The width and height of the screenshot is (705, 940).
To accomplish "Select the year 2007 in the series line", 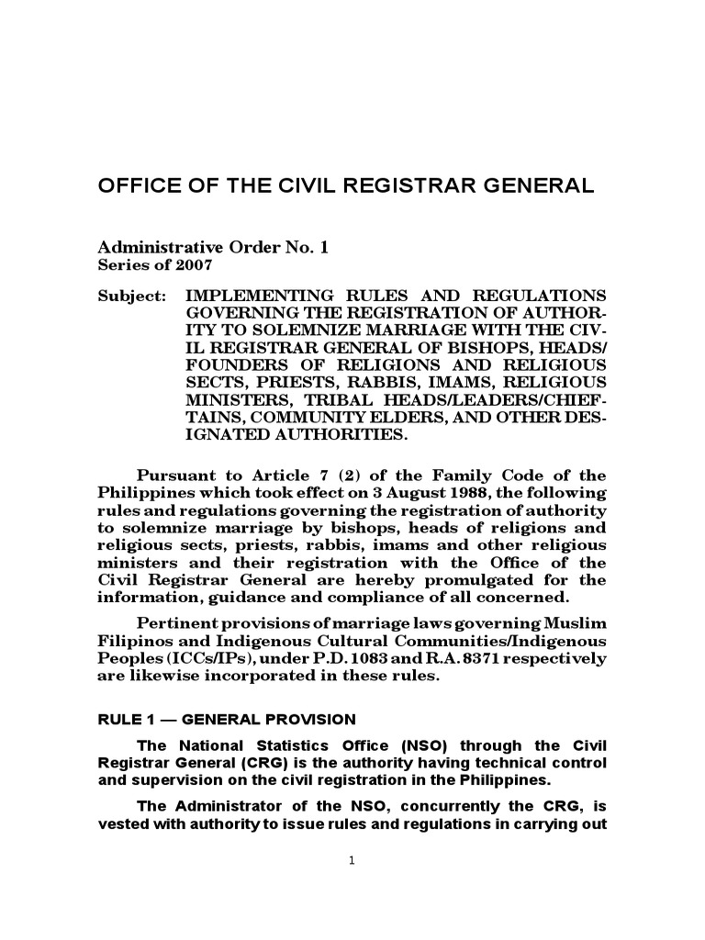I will pos(196,265).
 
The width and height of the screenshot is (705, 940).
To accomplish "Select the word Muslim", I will pos(574,624).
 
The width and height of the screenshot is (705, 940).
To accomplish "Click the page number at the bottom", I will pos(352,861).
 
